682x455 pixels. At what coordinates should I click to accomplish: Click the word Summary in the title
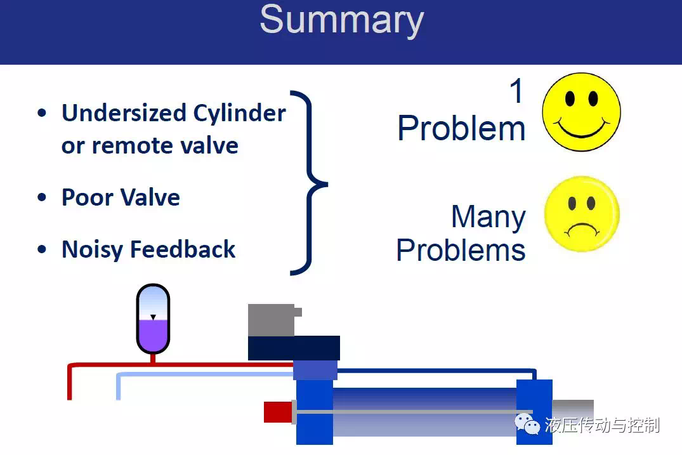point(342,20)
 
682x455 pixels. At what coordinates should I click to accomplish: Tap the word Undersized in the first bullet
point(124,113)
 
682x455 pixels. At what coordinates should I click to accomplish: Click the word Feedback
point(183,249)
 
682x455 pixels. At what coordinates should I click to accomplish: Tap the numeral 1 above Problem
point(516,91)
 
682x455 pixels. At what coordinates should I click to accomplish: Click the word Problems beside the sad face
point(461,250)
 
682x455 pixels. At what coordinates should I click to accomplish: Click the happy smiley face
point(582,112)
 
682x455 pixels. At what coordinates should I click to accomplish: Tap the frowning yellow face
point(582,214)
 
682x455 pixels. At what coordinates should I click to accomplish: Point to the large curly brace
point(310,183)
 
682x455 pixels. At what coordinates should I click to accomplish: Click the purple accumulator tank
point(153,319)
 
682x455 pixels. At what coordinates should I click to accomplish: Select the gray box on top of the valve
point(272,320)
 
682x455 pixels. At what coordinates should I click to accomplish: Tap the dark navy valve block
point(294,348)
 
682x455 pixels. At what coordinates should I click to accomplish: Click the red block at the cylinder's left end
point(278,412)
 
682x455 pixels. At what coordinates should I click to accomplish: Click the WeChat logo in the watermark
point(527,424)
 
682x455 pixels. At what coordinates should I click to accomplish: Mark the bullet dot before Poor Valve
point(42,197)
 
